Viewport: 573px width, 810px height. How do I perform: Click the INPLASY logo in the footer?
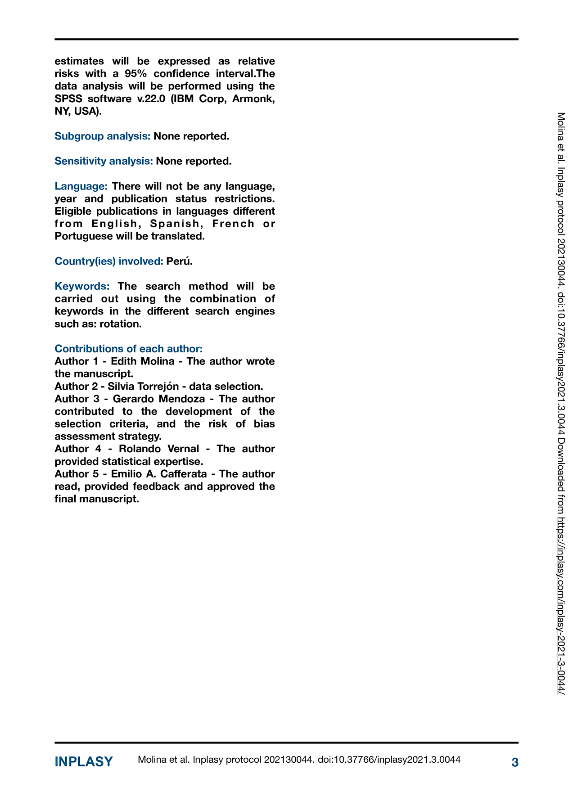[x=84, y=762]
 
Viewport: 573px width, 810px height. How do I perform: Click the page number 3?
[x=515, y=762]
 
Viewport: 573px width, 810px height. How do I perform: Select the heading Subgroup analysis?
[x=103, y=136]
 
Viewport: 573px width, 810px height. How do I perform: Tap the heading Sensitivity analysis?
[x=104, y=161]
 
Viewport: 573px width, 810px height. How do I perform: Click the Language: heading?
[x=81, y=186]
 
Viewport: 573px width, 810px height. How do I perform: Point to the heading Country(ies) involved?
[x=109, y=261]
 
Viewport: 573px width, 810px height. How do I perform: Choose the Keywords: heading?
[x=82, y=286]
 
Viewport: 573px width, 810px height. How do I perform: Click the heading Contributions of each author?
[x=129, y=349]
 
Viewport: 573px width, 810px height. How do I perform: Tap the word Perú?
[x=179, y=261]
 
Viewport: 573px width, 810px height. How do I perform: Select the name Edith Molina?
[x=143, y=361]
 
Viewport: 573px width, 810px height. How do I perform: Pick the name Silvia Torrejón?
[x=143, y=387]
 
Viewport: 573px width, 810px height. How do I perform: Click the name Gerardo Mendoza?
[x=158, y=399]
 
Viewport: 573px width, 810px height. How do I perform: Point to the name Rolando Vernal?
[x=159, y=449]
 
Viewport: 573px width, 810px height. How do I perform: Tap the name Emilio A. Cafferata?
[x=159, y=474]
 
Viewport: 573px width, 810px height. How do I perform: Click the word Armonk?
[x=253, y=99]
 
